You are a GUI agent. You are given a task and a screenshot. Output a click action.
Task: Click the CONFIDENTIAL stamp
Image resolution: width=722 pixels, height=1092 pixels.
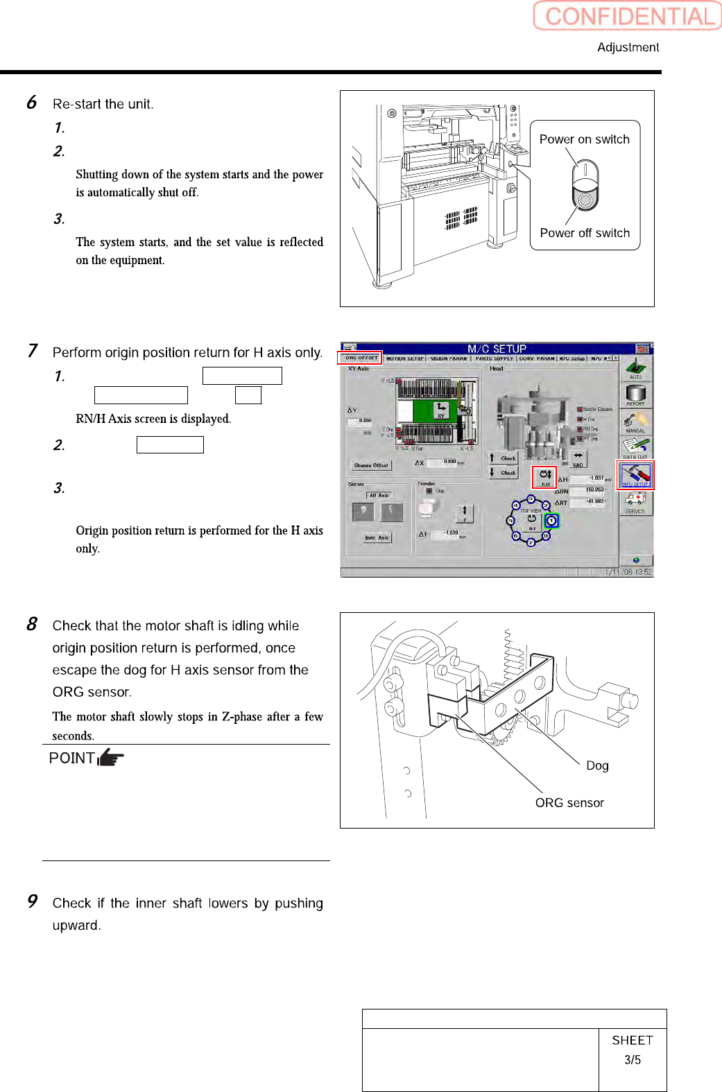[x=627, y=16]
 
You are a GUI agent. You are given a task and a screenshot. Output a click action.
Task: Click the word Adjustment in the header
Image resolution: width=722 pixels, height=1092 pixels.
[x=628, y=47]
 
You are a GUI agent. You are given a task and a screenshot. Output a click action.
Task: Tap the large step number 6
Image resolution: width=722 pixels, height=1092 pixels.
[x=31, y=103]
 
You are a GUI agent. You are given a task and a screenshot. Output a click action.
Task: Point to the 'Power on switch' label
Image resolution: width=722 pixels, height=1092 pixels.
[x=584, y=139]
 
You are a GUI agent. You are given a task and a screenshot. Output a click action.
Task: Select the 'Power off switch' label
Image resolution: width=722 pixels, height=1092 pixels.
[x=585, y=233]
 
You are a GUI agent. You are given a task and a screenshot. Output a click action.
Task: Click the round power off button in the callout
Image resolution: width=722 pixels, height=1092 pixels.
[x=585, y=200]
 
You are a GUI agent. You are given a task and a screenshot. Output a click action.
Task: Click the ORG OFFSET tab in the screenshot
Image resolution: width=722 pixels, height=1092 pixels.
[x=361, y=358]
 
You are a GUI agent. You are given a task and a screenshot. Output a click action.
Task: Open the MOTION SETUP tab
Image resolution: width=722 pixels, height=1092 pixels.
[x=404, y=358]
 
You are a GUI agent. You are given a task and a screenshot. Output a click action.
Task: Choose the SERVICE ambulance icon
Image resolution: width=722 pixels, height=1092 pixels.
[x=635, y=501]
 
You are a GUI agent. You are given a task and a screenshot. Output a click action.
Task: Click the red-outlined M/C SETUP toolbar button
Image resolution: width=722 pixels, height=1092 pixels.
[x=635, y=475]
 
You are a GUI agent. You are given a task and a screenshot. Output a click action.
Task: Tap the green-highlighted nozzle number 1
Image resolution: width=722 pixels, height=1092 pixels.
[x=551, y=521]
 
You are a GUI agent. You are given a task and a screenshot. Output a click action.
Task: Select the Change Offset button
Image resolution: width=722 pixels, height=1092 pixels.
[x=371, y=465]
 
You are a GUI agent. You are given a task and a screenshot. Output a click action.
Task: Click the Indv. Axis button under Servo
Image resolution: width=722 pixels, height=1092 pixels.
[x=377, y=537]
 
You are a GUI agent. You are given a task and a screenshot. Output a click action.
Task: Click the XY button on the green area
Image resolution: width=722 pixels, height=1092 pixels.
[x=440, y=410]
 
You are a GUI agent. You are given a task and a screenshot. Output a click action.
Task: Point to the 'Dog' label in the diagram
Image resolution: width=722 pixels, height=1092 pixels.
[x=597, y=765]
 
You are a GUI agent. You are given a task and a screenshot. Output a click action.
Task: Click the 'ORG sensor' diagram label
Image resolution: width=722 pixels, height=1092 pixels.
[x=569, y=803]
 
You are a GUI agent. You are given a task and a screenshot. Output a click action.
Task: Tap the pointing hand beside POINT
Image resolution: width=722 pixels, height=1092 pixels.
[x=111, y=758]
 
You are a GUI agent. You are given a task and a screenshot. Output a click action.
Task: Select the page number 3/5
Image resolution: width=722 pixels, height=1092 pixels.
[x=632, y=1060]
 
